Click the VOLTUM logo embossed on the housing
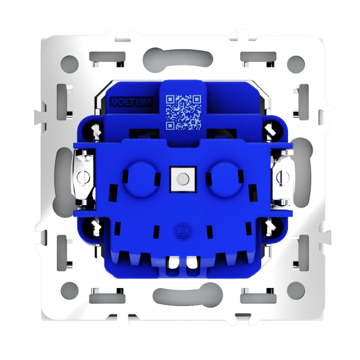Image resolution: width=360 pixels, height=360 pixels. pyautogui.click(x=131, y=102)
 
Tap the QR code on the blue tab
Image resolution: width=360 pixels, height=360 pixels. pyautogui.click(x=184, y=113)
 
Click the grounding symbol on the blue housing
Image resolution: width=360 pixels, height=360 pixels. pyautogui.click(x=182, y=231)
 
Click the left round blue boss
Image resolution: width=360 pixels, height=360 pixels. pyautogui.click(x=142, y=179)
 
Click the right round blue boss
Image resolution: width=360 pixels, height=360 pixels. pyautogui.click(x=226, y=179)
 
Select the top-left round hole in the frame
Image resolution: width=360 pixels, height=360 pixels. pyautogui.click(x=70, y=64)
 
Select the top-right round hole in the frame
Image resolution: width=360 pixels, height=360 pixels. pyautogui.click(x=296, y=65)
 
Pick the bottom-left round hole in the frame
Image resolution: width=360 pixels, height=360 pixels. pyautogui.click(x=70, y=290)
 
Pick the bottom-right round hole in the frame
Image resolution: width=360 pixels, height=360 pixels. pyautogui.click(x=296, y=290)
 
